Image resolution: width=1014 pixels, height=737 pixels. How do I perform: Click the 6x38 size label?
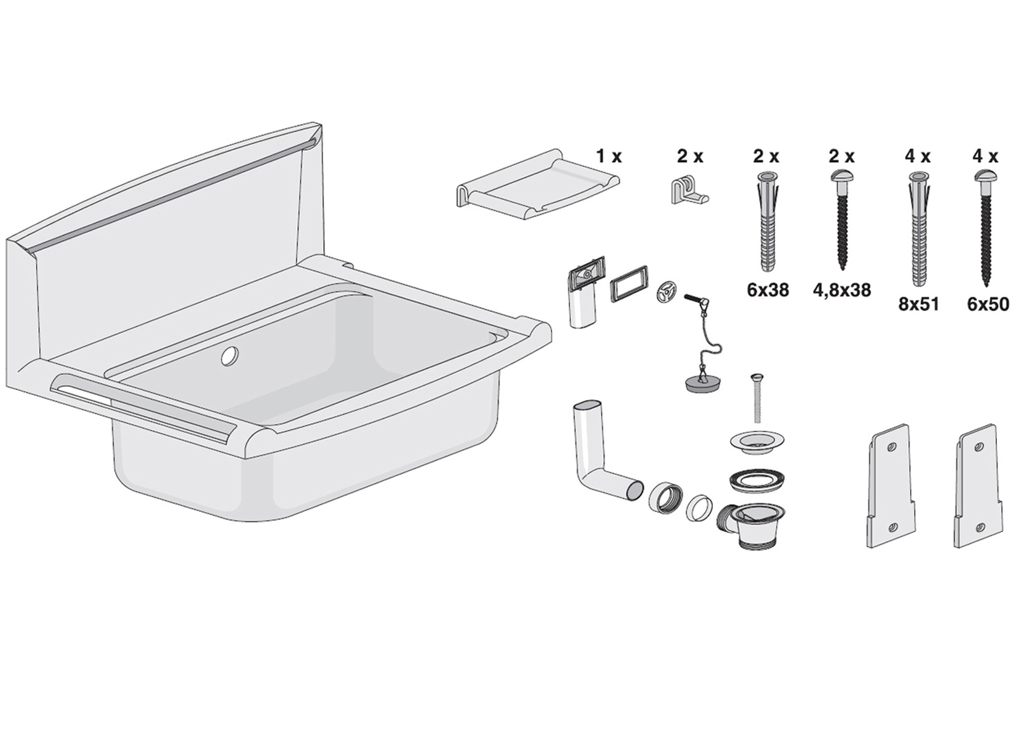coord(767,290)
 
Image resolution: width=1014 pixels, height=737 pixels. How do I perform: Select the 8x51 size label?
coord(918,305)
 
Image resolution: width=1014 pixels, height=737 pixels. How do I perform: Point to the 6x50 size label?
coord(989,305)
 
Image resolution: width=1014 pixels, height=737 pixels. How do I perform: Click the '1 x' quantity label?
coord(609,156)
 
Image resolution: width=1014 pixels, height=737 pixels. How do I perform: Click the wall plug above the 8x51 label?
coord(918,229)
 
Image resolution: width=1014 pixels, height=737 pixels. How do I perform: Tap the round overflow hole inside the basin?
coord(229,356)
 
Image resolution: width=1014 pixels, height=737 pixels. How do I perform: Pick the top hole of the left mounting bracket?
coord(891,447)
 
